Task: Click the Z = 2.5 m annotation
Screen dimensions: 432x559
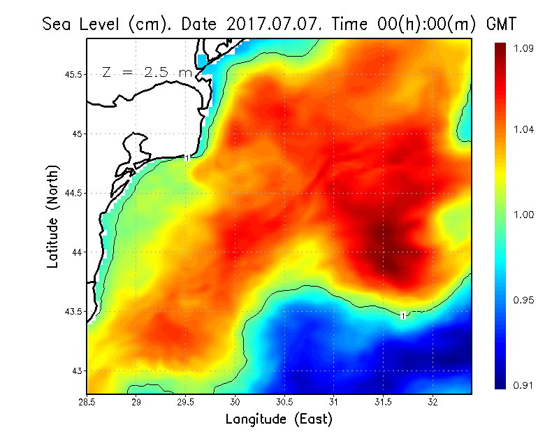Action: [x=146, y=72]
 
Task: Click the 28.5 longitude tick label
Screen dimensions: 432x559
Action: [x=87, y=402]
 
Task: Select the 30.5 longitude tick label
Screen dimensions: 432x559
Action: [x=284, y=402]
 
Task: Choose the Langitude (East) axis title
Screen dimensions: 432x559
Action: [x=279, y=419]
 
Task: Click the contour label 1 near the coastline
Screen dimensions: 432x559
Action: [x=187, y=158]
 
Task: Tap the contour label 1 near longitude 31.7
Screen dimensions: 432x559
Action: [x=403, y=316]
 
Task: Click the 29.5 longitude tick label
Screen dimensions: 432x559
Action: [x=186, y=402]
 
